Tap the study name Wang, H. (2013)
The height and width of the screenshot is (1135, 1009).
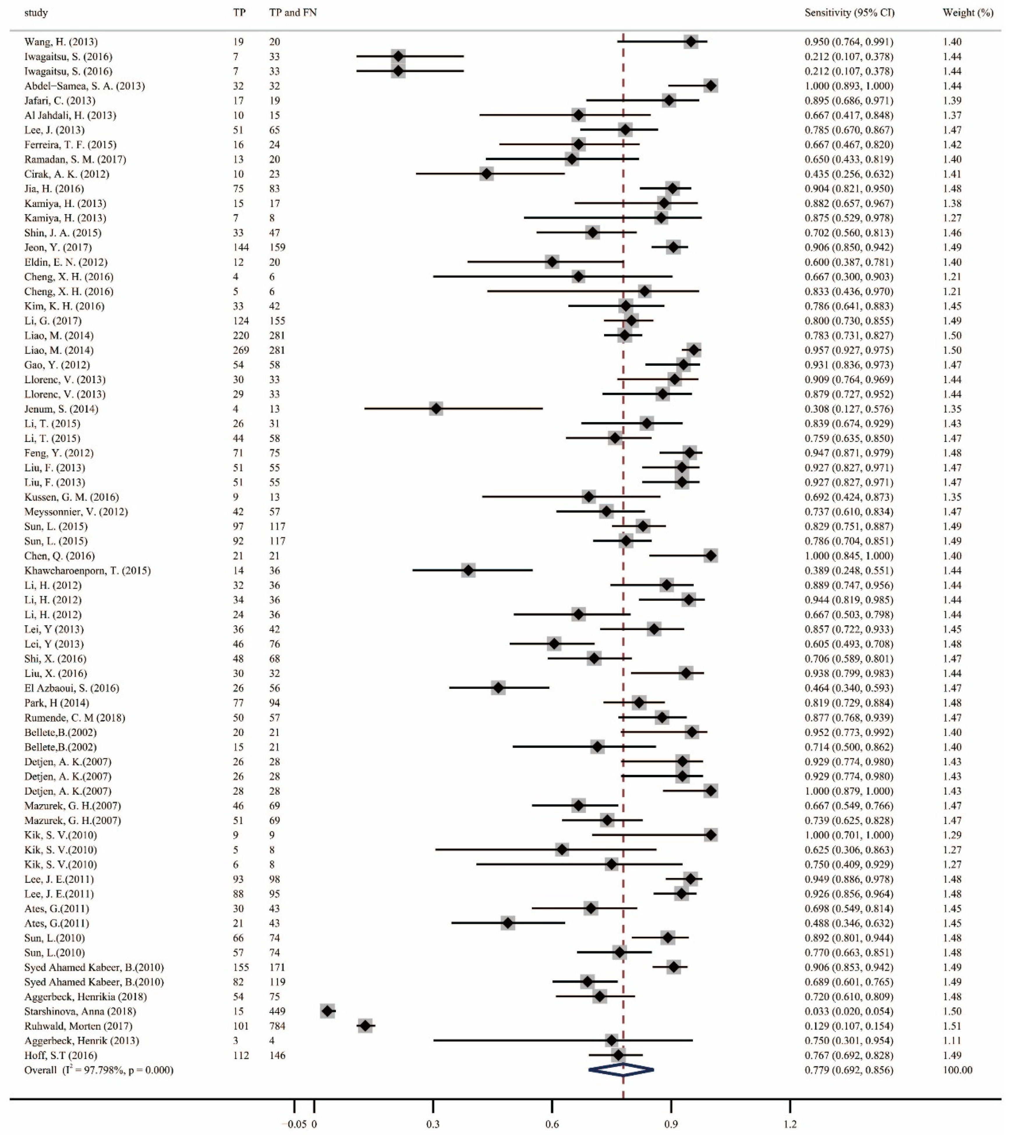(x=61, y=42)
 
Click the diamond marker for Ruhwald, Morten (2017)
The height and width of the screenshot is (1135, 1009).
(x=365, y=1026)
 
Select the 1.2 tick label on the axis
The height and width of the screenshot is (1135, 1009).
(x=790, y=1125)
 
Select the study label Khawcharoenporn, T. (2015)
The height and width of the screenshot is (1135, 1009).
(x=87, y=570)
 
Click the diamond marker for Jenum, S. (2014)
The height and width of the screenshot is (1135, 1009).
(x=436, y=409)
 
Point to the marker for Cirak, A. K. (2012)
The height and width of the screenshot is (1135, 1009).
(x=486, y=174)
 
